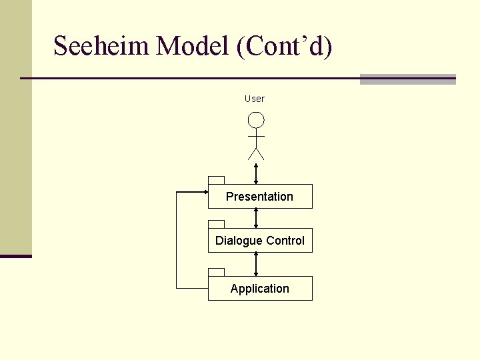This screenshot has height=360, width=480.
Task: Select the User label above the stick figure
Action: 255,99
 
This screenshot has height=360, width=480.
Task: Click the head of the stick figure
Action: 256,120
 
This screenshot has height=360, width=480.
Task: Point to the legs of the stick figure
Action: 256,153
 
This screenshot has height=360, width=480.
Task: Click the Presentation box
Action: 260,197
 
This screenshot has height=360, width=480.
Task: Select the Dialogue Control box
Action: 260,241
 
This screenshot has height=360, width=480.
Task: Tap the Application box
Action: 260,289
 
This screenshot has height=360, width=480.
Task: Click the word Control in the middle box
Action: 285,241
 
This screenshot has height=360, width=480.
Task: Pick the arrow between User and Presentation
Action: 256,173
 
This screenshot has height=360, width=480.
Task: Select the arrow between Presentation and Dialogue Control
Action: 256,218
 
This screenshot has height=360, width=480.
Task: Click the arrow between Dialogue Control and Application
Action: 256,264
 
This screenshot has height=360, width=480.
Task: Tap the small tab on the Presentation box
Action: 216,180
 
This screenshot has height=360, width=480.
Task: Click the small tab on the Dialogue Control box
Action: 216,224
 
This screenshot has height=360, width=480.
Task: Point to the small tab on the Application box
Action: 216,272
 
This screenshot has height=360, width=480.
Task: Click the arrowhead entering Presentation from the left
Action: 205,192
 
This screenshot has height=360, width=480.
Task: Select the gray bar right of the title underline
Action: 407,79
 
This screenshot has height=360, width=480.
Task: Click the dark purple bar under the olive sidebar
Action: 16,256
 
